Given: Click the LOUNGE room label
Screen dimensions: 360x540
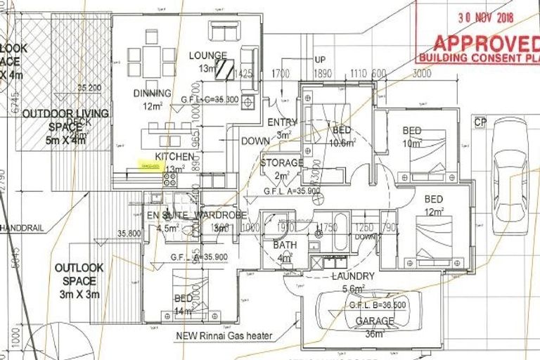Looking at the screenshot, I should pyautogui.click(x=207, y=56).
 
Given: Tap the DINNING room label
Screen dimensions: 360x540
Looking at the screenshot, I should pyautogui.click(x=152, y=93).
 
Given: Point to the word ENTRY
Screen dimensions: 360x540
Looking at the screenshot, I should pyautogui.click(x=283, y=122).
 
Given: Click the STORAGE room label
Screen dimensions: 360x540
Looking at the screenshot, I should pyautogui.click(x=281, y=163).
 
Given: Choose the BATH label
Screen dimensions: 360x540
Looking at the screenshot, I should pyautogui.click(x=285, y=245).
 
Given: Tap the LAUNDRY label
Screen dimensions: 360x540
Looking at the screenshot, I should pyautogui.click(x=353, y=276).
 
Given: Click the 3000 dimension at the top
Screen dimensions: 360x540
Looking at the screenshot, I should pyautogui.click(x=422, y=73).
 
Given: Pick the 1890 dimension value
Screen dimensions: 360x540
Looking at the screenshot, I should pyautogui.click(x=323, y=73).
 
